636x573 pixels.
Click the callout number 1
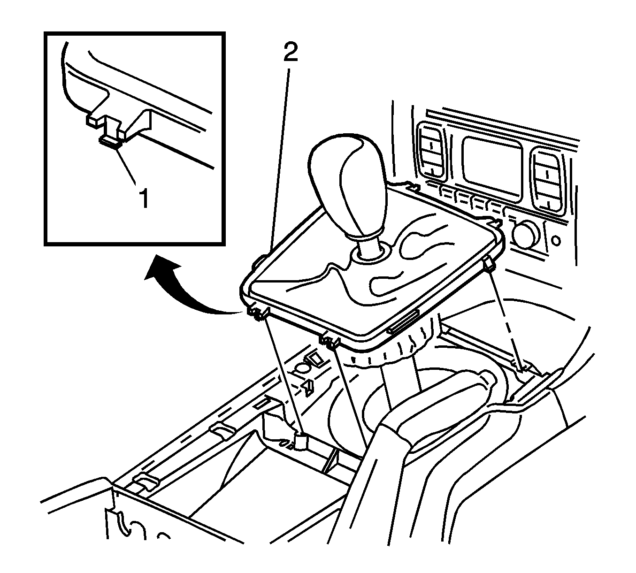[x=144, y=198]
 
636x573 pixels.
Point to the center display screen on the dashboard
[x=492, y=169]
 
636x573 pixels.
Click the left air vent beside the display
[x=432, y=150]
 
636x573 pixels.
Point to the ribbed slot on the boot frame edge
[x=403, y=322]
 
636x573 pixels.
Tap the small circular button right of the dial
[x=556, y=241]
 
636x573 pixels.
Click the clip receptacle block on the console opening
[x=301, y=442]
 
